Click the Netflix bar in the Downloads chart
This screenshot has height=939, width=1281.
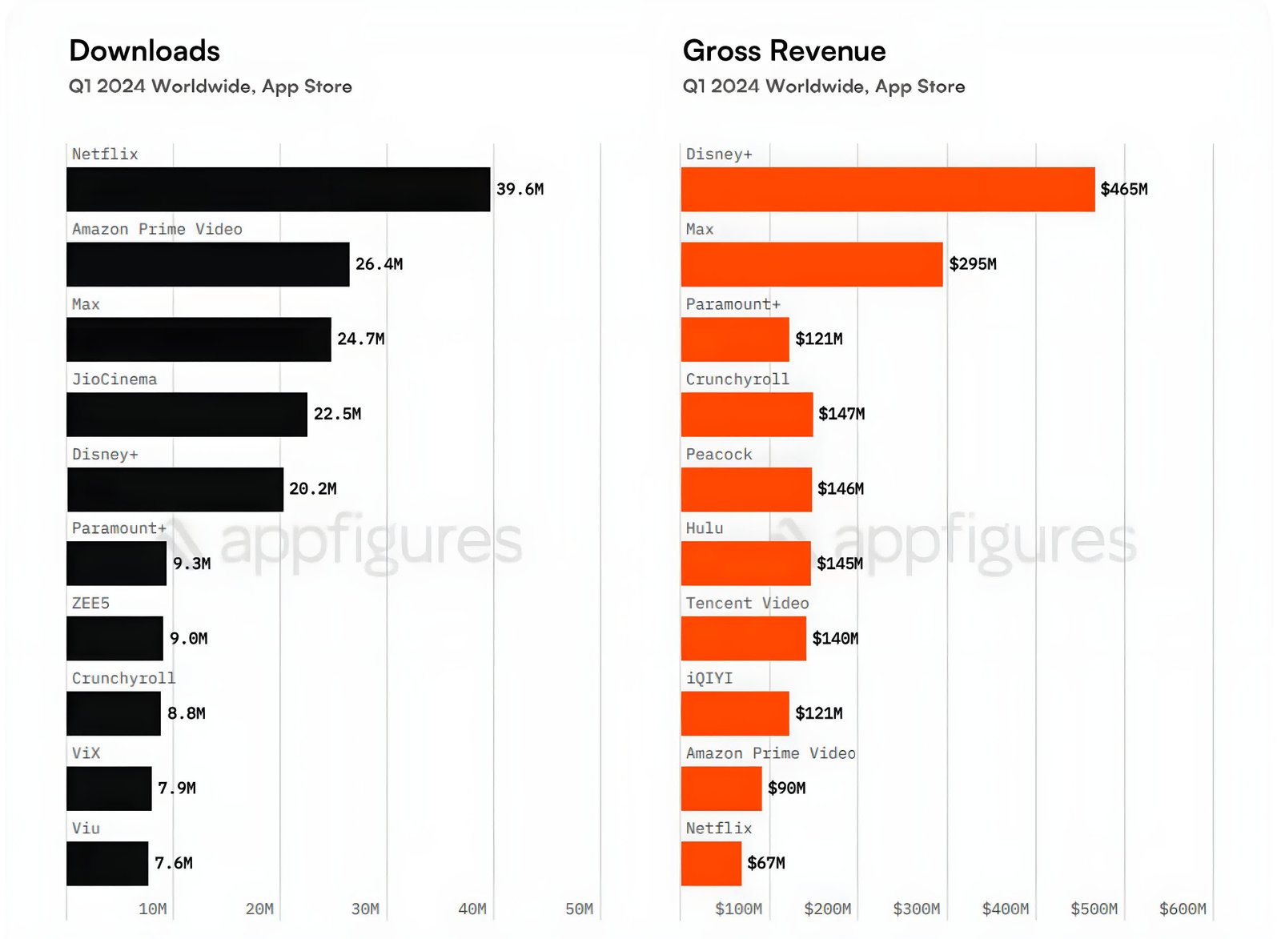tap(278, 189)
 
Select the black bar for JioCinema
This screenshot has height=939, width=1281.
tap(187, 414)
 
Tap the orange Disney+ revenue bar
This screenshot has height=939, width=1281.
tap(887, 189)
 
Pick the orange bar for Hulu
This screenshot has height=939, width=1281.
tap(745, 564)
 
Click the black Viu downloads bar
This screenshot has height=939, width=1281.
tap(107, 863)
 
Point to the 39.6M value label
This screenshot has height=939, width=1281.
tap(520, 189)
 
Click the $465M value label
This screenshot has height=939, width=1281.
tap(1123, 189)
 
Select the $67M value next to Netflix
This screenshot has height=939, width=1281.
tap(765, 863)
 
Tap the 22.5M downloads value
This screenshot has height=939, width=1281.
tap(337, 414)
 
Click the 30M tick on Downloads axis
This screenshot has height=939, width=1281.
tap(365, 909)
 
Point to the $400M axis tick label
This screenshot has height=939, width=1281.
tap(1005, 909)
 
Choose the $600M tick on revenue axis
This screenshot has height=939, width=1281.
tap(1182, 909)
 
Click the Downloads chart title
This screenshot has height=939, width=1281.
tap(144, 50)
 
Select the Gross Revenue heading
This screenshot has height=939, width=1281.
tap(784, 50)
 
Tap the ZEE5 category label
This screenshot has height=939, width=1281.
tap(90, 603)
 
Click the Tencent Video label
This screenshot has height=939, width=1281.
tap(747, 603)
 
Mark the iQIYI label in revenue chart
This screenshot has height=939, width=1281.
tap(709, 678)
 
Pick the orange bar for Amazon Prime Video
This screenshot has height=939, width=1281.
tap(721, 789)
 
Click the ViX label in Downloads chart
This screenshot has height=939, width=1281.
tap(86, 753)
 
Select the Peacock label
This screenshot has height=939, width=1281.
tap(718, 454)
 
